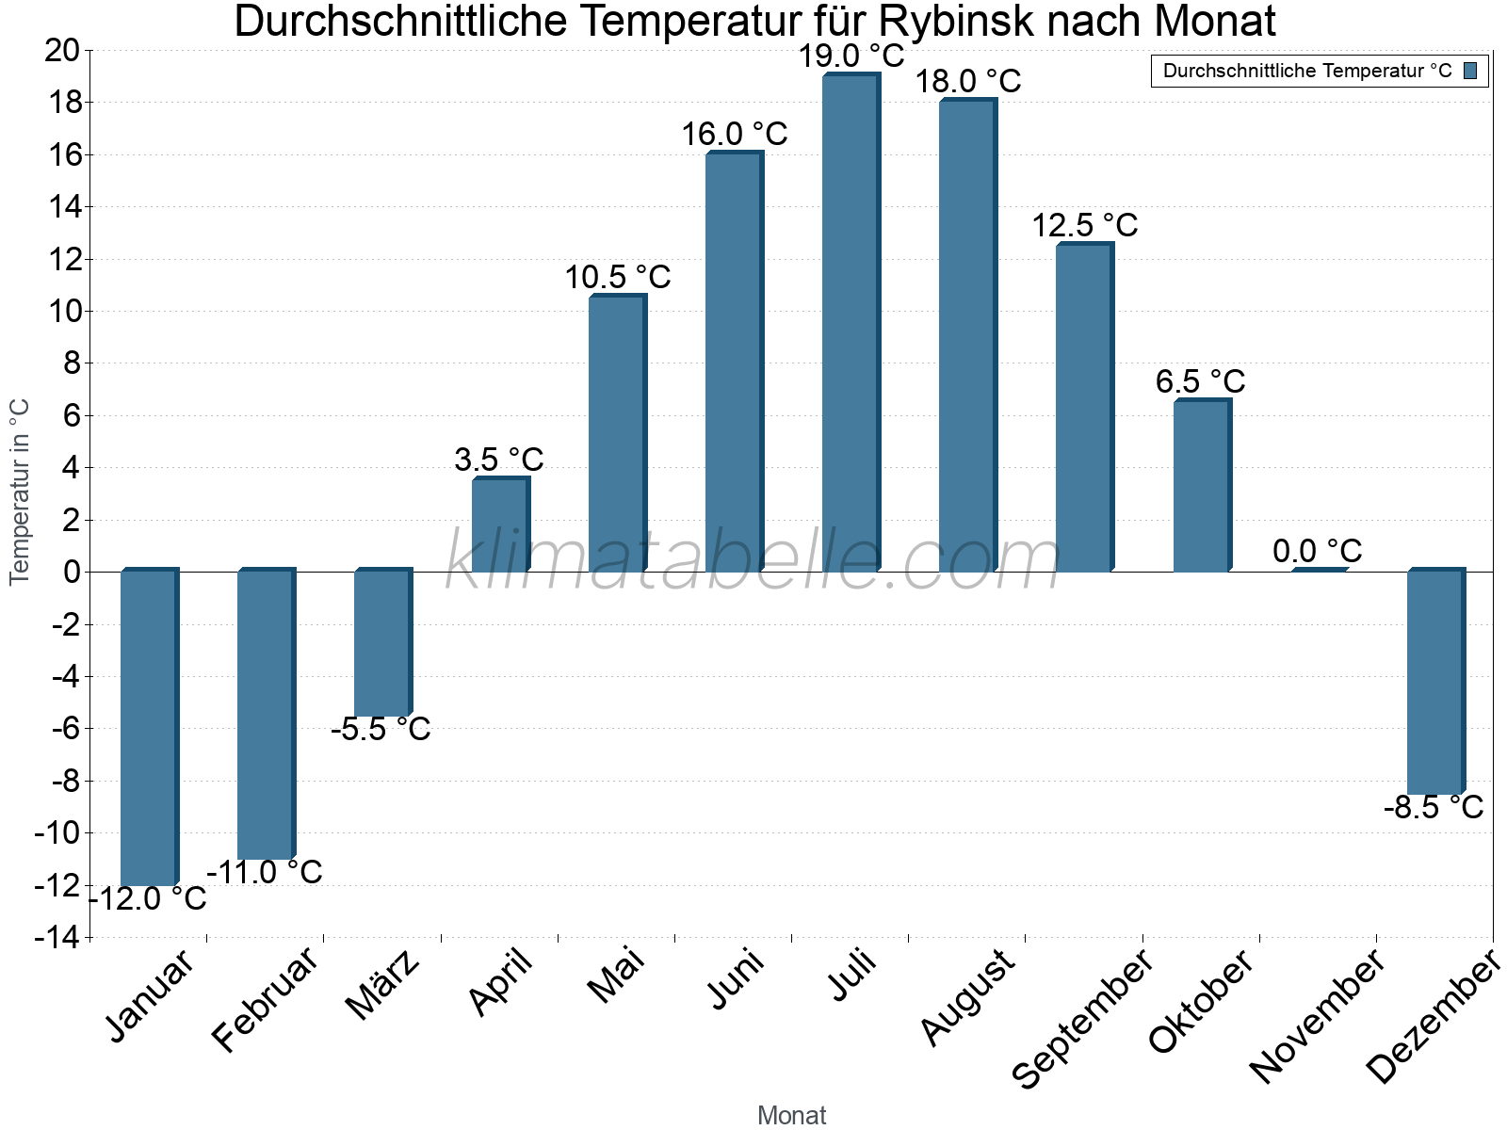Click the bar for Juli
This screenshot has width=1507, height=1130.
[x=851, y=323]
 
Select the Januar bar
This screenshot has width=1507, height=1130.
[x=149, y=728]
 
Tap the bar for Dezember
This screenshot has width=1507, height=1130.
[x=1435, y=683]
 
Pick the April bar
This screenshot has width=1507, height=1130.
[x=500, y=525]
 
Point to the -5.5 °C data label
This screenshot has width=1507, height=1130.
[x=381, y=729]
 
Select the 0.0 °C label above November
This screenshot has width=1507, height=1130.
[x=1317, y=551]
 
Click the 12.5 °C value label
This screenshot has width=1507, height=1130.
[x=1084, y=226]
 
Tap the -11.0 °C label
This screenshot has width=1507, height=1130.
[x=265, y=872]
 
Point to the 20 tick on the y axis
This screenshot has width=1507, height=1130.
[x=62, y=50]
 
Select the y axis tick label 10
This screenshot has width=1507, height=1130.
[x=62, y=311]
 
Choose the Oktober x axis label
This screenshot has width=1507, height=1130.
[x=1202, y=1002]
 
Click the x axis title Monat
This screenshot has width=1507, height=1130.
[x=791, y=1116]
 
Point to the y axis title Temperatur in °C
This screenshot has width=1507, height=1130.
[x=20, y=492]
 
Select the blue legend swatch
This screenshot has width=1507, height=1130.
[x=1470, y=71]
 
